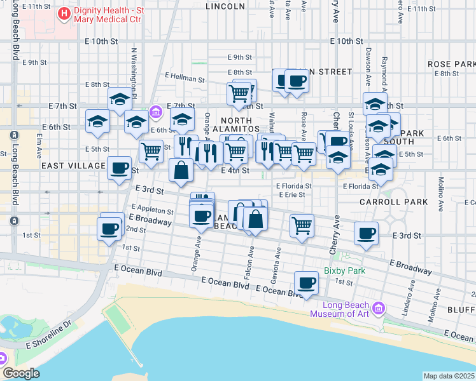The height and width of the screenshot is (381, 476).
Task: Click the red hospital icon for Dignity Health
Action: pyautogui.click(x=64, y=13)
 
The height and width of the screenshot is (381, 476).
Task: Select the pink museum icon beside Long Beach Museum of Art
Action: pyautogui.click(x=379, y=308)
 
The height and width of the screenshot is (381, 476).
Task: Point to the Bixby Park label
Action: pyautogui.click(x=344, y=271)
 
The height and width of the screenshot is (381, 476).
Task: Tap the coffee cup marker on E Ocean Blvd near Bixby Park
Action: pyautogui.click(x=306, y=283)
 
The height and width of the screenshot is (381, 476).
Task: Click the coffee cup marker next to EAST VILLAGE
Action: pyautogui.click(x=119, y=168)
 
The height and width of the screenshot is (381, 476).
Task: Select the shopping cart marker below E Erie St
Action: pyautogui.click(x=302, y=225)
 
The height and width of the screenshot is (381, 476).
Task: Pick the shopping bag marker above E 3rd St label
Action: pyautogui.click(x=181, y=170)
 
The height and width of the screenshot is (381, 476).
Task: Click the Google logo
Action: pyautogui.click(x=21, y=373)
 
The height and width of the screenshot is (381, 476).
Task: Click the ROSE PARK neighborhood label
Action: pyautogui.click(x=451, y=64)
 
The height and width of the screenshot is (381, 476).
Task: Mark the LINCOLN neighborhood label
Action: pyautogui.click(x=225, y=6)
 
